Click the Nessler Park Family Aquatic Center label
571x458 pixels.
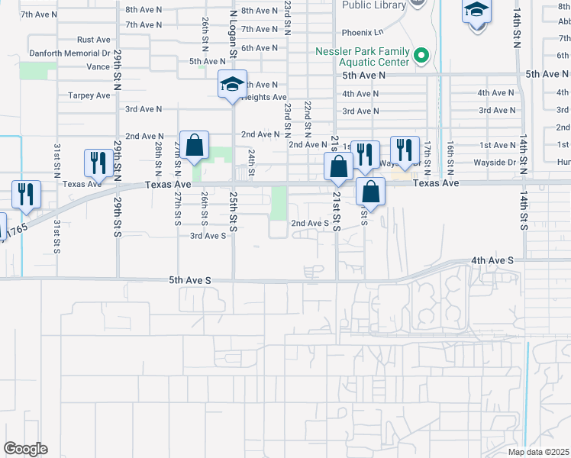click(363, 56)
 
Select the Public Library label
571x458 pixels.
click(373, 5)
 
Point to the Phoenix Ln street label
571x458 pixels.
click(363, 33)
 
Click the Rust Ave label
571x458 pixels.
click(95, 40)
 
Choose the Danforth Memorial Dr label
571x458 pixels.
click(69, 53)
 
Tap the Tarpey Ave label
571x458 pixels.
click(89, 95)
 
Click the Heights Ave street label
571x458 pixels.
click(264, 98)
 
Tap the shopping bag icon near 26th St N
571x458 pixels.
click(195, 144)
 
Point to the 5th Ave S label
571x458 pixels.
click(189, 281)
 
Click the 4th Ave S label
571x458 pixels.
click(492, 260)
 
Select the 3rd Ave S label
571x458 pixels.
click(208, 236)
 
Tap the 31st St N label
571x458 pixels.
click(56, 160)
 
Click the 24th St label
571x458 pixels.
click(251, 161)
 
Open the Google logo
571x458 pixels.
click(25, 449)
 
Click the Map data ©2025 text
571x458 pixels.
click(539, 452)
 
